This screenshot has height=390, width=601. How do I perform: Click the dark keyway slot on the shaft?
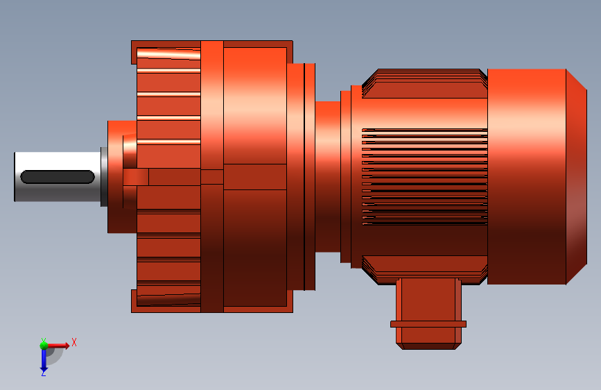[x=58, y=177]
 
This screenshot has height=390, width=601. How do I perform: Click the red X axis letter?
[x=74, y=342]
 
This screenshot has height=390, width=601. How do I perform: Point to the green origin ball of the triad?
[x=44, y=346]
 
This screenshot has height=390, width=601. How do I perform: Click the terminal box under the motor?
[x=428, y=313]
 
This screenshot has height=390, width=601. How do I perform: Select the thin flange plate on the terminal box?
[x=428, y=324]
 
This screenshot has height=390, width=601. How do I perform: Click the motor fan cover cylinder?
[x=527, y=176]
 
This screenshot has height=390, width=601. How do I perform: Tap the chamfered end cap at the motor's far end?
[x=577, y=176]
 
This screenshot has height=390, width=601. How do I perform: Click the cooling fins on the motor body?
[x=425, y=177]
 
